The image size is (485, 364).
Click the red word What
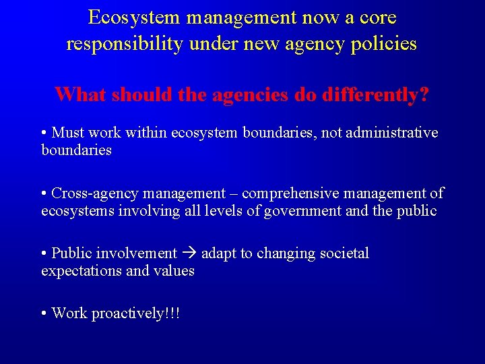pyautogui.click(x=81, y=94)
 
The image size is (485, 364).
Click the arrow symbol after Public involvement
pyautogui.click(x=189, y=254)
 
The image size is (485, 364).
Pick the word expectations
pyautogui.click(x=79, y=271)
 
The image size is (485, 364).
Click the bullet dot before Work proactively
pyautogui.click(x=44, y=313)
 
